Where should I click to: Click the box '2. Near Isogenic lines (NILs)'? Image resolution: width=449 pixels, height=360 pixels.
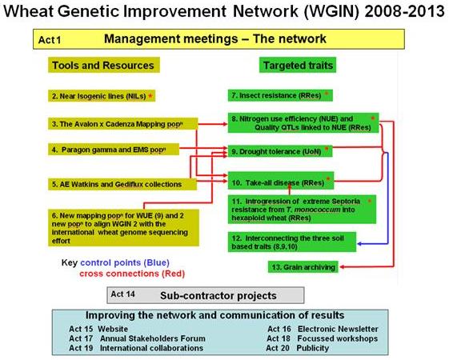[x=102, y=96]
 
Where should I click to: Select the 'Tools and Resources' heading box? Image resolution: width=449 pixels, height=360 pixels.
[x=104, y=65]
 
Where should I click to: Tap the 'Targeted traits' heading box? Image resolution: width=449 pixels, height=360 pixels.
[x=298, y=65]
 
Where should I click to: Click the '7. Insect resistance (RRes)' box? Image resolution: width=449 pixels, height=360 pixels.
[x=280, y=95]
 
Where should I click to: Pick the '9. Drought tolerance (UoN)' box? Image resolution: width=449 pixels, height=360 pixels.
[x=280, y=151]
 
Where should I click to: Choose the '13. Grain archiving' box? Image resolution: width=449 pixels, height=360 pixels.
[x=303, y=267]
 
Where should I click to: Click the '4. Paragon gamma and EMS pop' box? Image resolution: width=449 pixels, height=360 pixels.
[x=114, y=150]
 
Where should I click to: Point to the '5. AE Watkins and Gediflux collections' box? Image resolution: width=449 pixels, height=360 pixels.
[x=122, y=184]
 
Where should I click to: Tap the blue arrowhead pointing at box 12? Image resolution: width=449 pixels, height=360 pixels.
[x=360, y=244]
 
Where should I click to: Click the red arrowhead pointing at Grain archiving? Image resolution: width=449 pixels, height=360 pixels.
[x=343, y=267]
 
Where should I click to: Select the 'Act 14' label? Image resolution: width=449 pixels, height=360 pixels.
[x=122, y=294]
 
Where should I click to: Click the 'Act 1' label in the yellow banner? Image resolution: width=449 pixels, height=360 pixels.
[x=50, y=40]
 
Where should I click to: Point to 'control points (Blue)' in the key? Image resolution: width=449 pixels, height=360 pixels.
[x=125, y=262]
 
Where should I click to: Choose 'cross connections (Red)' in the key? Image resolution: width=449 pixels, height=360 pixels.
[x=132, y=274]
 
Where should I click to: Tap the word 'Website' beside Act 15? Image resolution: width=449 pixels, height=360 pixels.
[x=113, y=329]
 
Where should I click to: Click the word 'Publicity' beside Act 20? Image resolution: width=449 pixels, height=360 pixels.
[x=313, y=348]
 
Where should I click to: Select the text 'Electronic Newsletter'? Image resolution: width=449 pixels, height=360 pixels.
[x=338, y=329]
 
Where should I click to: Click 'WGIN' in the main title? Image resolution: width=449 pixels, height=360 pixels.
[x=331, y=11]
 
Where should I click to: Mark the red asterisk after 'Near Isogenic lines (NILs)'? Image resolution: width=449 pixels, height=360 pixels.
[x=150, y=96]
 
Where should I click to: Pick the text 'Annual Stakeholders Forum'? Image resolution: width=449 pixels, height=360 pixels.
[x=153, y=338]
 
